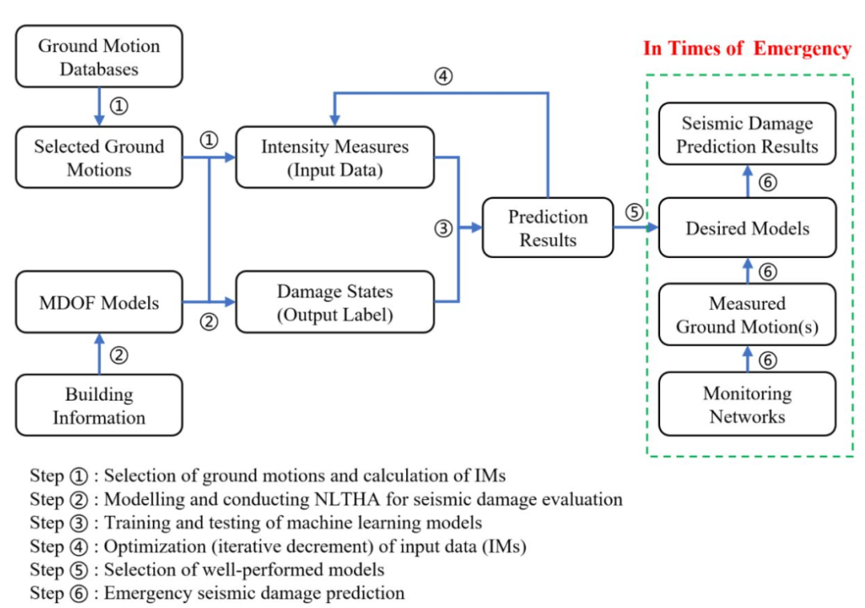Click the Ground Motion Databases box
(99, 57)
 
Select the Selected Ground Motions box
(99, 158)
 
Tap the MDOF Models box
(99, 303)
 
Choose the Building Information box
(99, 405)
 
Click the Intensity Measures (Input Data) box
(335, 158)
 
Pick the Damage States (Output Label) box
(335, 302)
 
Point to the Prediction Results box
(548, 227)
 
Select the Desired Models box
(747, 228)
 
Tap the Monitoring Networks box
(747, 405)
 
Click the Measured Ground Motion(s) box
(747, 315)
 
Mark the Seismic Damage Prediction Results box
(747, 135)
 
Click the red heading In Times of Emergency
(747, 49)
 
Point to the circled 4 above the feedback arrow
(444, 77)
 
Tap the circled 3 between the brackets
(444, 228)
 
